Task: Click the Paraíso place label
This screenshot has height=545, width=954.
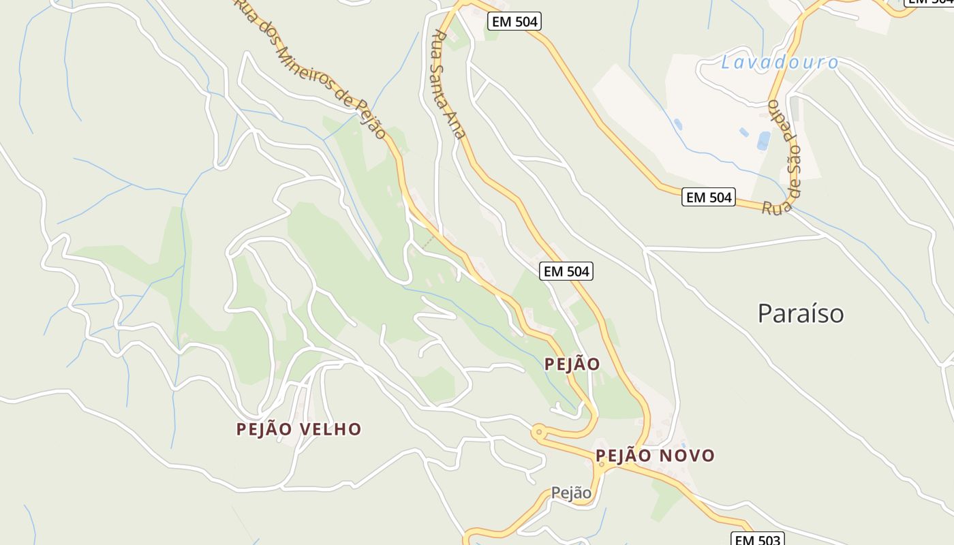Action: click(x=801, y=313)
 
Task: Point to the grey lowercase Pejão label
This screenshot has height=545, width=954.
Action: click(x=571, y=493)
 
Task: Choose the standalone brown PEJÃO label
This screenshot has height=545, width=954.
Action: click(x=572, y=364)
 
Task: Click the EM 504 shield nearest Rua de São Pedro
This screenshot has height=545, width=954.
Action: click(x=709, y=198)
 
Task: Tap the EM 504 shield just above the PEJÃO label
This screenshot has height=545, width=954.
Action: click(x=566, y=271)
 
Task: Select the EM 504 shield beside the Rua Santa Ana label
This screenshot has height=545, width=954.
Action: click(x=515, y=22)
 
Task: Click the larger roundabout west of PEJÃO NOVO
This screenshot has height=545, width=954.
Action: click(x=539, y=431)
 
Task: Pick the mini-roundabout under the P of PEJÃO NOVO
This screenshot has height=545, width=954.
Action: click(x=602, y=464)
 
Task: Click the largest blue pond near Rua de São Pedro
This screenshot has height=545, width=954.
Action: click(x=764, y=141)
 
